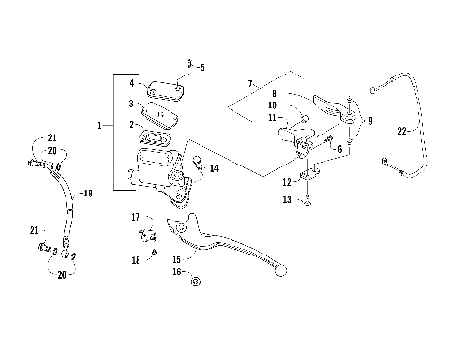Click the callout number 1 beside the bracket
click(100, 126)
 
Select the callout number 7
click(250, 84)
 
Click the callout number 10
click(273, 105)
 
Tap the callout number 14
click(214, 168)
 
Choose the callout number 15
click(176, 259)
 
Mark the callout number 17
click(136, 217)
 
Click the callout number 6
click(339, 150)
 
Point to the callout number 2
click(132, 125)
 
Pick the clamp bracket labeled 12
click(309, 179)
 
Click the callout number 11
click(273, 117)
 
